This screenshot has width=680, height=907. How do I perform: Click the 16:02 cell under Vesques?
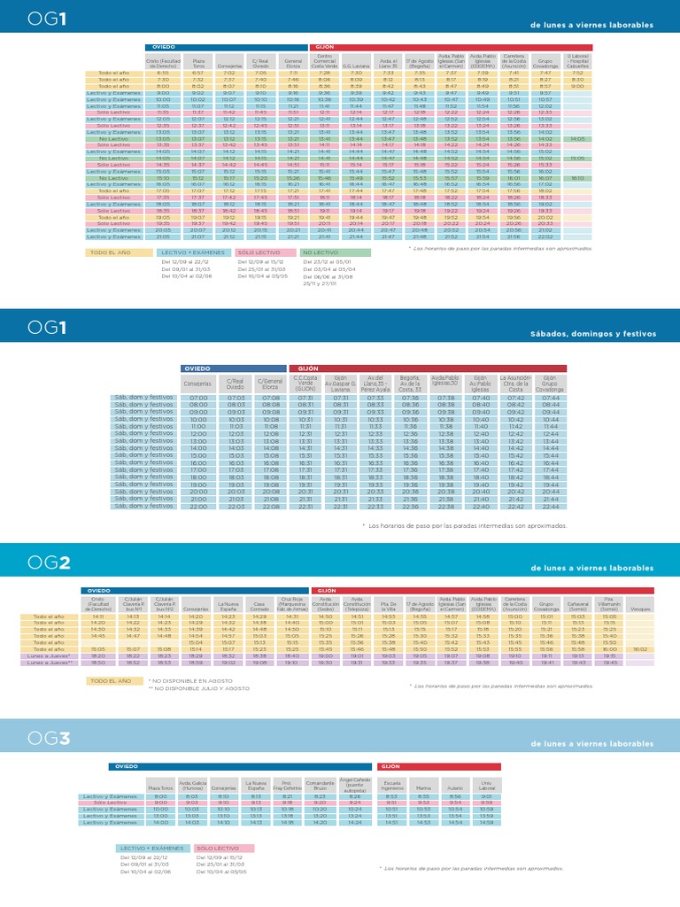click(639, 649)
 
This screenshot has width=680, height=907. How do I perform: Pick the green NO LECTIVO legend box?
click(336, 252)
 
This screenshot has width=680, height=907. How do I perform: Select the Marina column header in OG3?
click(423, 787)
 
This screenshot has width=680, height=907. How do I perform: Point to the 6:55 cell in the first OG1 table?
click(162, 73)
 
